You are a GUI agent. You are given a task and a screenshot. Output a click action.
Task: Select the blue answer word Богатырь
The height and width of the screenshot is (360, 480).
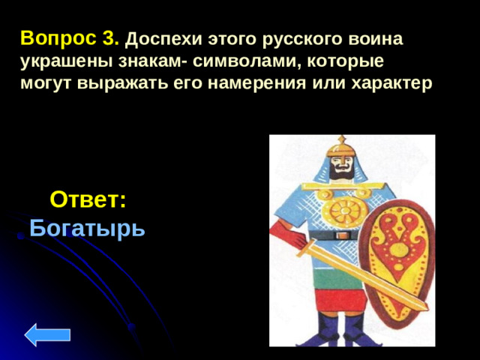pos(88,226)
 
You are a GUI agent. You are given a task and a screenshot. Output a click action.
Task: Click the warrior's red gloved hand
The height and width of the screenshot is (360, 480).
pos(297,241)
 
